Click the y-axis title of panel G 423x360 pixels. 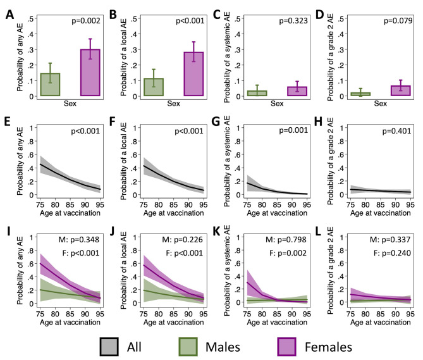222,161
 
